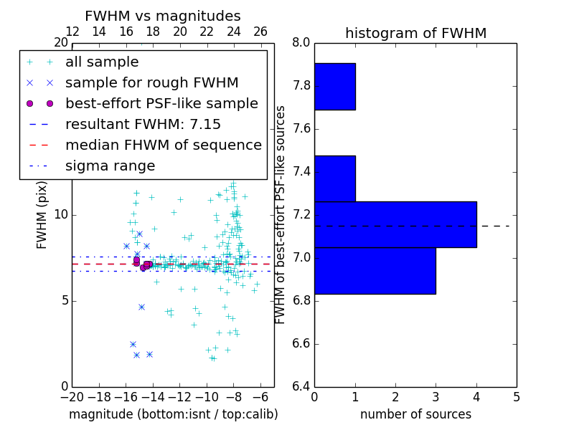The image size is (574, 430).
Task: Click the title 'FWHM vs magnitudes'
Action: (163, 16)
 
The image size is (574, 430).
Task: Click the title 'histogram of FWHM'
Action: (415, 33)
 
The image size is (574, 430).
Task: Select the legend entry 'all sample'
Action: (102, 62)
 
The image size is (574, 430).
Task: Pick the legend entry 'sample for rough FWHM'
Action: (151, 83)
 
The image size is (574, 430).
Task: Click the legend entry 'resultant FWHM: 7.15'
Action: (143, 125)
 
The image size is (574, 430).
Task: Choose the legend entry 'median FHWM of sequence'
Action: (163, 145)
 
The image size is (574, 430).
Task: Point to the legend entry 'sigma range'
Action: (110, 166)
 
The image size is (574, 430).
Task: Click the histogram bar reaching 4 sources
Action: (395, 224)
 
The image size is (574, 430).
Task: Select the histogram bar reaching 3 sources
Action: (375, 270)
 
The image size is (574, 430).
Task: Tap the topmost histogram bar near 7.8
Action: (335, 87)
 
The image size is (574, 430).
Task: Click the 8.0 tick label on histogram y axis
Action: (301, 43)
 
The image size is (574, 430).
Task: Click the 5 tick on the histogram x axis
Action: (517, 396)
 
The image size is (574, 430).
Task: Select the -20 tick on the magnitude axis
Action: (72, 396)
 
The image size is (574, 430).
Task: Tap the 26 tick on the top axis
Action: (260, 32)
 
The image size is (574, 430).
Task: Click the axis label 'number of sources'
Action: (415, 414)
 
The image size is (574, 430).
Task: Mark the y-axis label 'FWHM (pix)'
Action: (42, 214)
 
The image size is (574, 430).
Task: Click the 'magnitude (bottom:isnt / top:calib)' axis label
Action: (173, 414)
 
